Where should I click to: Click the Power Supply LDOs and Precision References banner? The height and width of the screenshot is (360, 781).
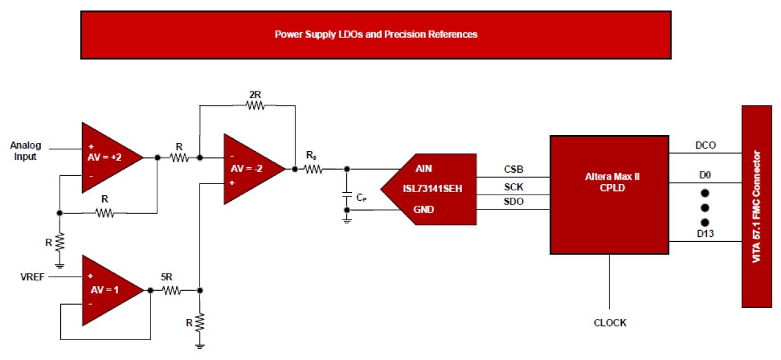point(376,35)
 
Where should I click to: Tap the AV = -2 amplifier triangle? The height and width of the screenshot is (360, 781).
point(249,168)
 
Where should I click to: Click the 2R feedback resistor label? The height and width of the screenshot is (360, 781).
point(254,95)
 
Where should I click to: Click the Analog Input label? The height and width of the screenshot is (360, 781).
point(25,151)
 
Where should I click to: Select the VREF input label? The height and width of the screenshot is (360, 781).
point(32,277)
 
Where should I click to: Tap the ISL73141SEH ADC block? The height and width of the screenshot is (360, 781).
point(432,189)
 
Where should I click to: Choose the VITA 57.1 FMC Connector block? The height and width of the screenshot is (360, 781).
point(757,206)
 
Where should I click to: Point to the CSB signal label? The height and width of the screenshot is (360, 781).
point(514,169)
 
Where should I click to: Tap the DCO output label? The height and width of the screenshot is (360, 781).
point(705,145)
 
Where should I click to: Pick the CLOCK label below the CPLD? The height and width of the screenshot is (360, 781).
point(610,323)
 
